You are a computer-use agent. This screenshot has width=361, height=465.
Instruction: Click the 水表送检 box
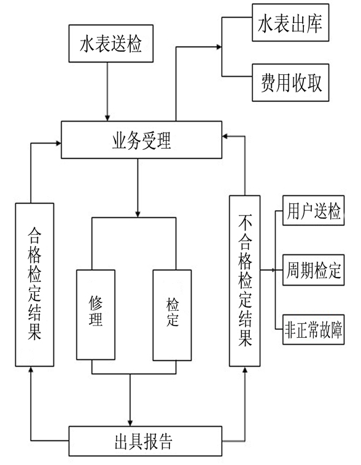tap(111, 43)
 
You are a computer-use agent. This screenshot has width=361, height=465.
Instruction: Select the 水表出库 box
tap(290, 23)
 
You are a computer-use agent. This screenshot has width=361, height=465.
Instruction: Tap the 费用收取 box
tap(290, 82)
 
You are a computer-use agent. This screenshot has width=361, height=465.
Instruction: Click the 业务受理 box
tap(141, 139)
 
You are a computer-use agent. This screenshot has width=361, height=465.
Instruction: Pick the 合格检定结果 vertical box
tap(34, 284)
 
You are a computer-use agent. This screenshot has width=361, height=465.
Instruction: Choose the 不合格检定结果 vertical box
tap(245, 281)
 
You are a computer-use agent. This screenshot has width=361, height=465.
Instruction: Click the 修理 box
tap(96, 315)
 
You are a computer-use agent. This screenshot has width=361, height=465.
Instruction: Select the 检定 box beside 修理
tap(172, 315)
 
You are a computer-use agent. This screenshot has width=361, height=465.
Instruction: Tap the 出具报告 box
tap(146, 441)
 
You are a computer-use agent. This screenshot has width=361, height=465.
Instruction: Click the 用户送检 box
tap(313, 210)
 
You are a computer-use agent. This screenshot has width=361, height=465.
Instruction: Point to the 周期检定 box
tap(313, 270)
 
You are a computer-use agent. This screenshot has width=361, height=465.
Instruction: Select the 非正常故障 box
tap(313, 329)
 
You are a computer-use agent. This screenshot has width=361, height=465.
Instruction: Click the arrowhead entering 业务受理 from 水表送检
tap(107, 117)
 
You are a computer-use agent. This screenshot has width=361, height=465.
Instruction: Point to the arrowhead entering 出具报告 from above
tap(130, 423)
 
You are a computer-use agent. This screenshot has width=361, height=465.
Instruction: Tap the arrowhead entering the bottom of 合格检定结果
tap(31, 370)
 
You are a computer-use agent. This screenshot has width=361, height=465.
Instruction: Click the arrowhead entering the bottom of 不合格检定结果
tap(245, 370)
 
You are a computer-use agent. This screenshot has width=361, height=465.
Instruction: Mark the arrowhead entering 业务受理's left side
tap(58, 144)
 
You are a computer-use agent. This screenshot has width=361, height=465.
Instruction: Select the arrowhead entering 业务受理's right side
tap(225, 136)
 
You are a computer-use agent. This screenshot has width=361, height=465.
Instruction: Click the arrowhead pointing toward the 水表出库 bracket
tap(219, 47)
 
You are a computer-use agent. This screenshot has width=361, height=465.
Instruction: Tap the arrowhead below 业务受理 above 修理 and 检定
tap(138, 214)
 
